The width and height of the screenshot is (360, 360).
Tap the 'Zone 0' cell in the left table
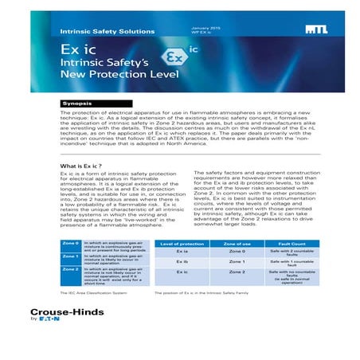[71, 242]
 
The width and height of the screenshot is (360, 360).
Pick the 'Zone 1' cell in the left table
[71, 256]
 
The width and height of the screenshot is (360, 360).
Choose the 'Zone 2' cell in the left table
[71, 269]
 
